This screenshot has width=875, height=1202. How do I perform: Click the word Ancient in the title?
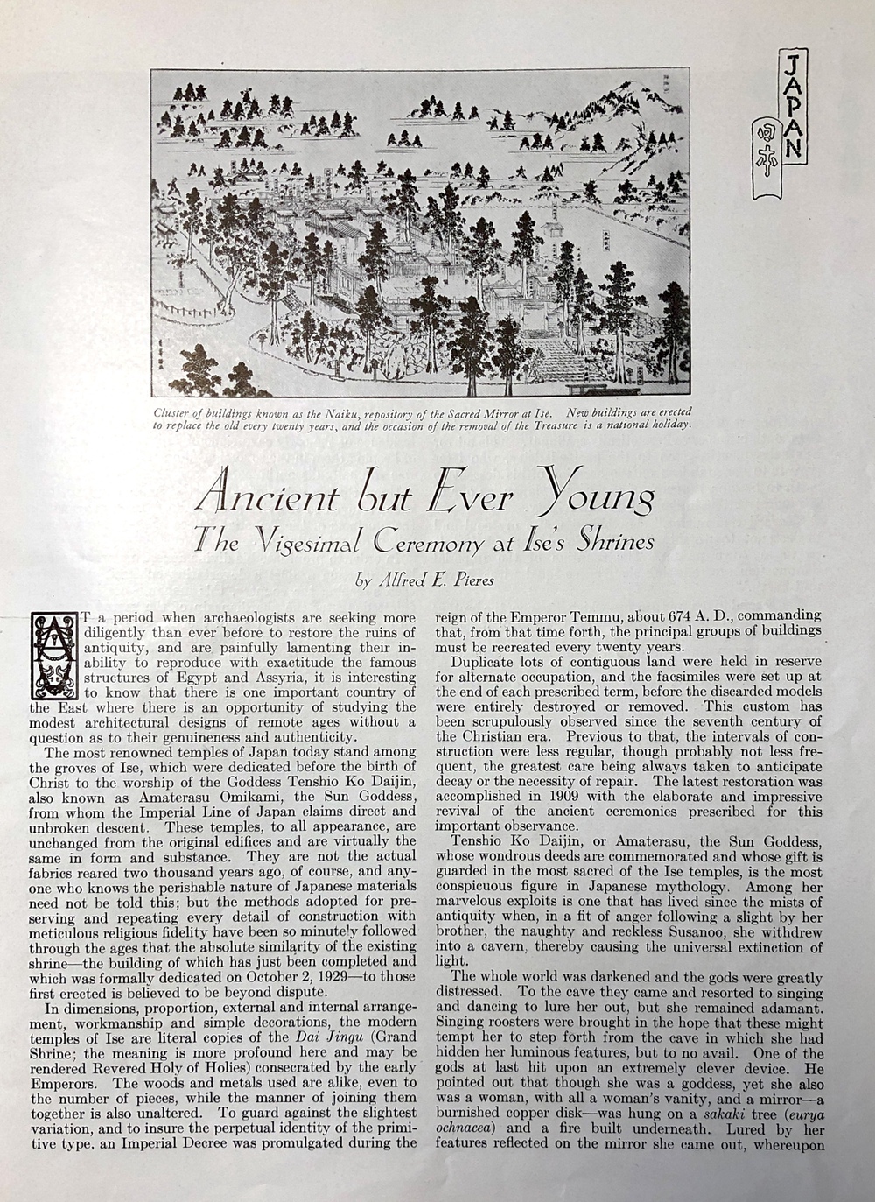(x=268, y=496)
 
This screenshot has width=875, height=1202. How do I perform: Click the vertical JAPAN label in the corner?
(x=791, y=104)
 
